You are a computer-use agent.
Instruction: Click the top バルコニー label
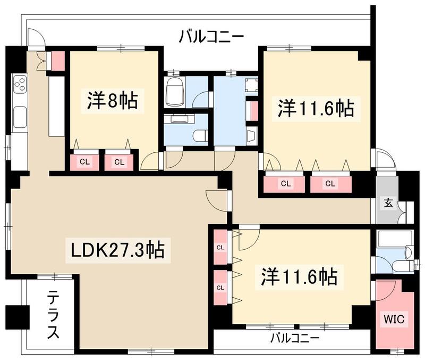(211, 37)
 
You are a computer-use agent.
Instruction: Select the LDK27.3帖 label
(117, 249)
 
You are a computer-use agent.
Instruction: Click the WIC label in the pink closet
(394, 320)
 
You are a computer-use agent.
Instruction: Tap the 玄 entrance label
(388, 202)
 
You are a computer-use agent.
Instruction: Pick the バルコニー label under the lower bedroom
(294, 338)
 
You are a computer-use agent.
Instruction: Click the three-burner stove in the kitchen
(20, 84)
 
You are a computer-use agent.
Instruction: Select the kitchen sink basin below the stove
(20, 114)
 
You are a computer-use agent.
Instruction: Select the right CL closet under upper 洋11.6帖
(330, 184)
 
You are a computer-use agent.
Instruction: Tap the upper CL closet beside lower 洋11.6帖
(220, 247)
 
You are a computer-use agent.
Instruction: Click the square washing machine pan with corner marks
(250, 86)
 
